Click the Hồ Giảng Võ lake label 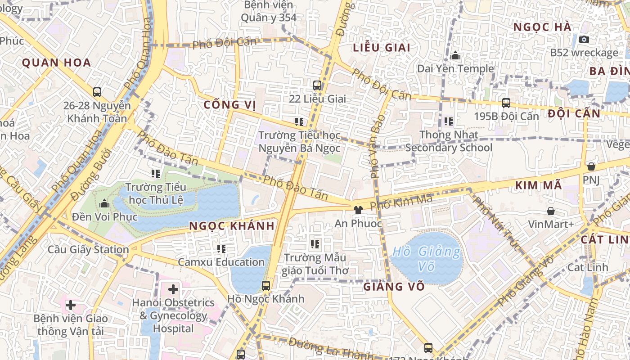click(x=426, y=259)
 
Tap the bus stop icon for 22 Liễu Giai click(x=317, y=85)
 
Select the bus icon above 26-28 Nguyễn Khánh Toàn click(x=97, y=92)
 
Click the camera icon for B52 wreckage click(x=584, y=40)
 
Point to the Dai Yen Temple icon click(x=455, y=56)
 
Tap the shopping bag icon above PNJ click(x=591, y=166)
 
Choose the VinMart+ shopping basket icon click(x=551, y=211)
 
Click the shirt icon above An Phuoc click(x=358, y=210)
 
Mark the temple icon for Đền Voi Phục click(x=104, y=204)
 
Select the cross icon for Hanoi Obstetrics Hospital click(x=173, y=289)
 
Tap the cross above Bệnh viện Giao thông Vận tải click(x=70, y=305)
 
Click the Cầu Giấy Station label click(x=88, y=249)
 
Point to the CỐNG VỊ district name click(x=229, y=105)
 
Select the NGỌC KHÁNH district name click(x=232, y=226)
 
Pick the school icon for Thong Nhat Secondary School click(x=449, y=121)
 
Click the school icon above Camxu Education click(x=221, y=248)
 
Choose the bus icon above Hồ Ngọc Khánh click(x=266, y=285)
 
